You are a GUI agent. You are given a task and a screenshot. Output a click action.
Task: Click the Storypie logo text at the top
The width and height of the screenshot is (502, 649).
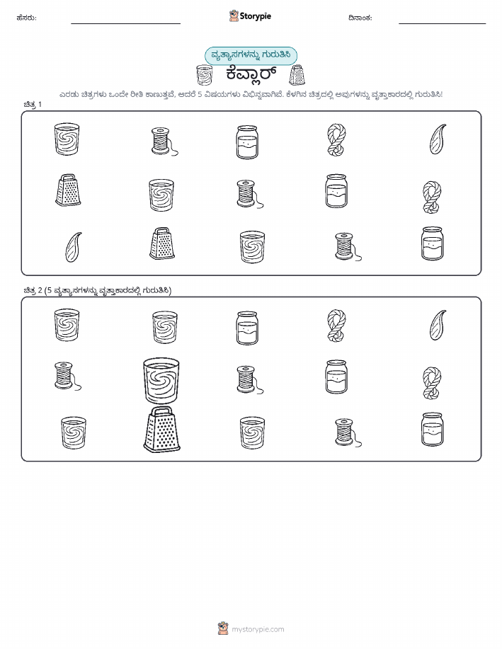tap(255, 16)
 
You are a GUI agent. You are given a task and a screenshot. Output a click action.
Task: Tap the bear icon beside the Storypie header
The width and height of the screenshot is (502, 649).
tap(234, 16)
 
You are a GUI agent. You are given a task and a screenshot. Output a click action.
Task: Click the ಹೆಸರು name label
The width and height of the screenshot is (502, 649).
tap(26, 18)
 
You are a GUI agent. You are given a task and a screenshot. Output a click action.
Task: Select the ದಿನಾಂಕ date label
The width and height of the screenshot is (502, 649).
tap(360, 18)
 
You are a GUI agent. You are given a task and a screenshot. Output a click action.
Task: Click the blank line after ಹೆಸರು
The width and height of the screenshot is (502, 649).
tap(125, 23)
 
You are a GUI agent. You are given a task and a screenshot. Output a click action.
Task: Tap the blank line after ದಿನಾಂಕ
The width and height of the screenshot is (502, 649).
tap(442, 23)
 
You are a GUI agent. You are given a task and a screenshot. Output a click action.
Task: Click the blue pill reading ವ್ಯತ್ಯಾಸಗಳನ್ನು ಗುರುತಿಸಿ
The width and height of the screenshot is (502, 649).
tap(251, 55)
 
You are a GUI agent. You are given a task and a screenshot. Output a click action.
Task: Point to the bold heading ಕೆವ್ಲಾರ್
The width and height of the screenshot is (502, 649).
tap(251, 75)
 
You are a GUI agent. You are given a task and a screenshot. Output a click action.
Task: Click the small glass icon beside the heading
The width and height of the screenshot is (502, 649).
tap(204, 75)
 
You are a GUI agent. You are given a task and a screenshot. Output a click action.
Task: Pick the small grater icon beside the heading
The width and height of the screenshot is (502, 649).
tap(297, 75)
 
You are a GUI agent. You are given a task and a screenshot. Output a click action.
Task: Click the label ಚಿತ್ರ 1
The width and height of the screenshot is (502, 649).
tap(33, 104)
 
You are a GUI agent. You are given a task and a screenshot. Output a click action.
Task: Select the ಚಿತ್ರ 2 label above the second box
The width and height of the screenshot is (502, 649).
tap(33, 290)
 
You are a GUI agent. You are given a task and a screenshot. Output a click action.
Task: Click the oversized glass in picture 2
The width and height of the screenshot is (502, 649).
tap(161, 381)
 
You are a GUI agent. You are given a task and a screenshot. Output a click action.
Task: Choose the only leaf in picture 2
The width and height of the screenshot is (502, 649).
tap(438, 326)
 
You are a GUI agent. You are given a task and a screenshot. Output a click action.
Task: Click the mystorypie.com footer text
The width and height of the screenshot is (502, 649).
tap(258, 630)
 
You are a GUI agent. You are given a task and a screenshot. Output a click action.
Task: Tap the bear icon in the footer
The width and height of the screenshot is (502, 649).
tap(223, 628)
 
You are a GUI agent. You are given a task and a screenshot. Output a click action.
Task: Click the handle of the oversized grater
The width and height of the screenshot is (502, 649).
tap(162, 411)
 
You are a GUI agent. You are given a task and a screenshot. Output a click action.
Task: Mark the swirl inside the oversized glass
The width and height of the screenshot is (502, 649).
tap(161, 379)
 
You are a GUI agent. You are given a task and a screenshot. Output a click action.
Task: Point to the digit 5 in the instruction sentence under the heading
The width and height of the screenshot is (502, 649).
tap(200, 94)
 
